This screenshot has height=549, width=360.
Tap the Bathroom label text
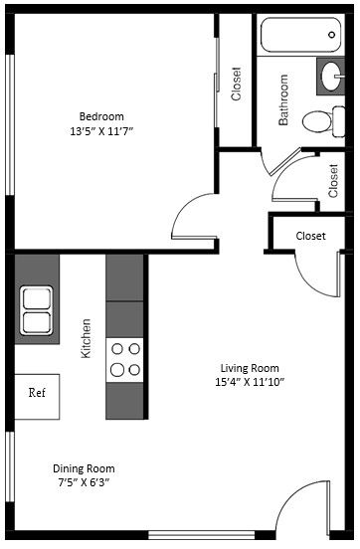pyautogui.click(x=283, y=99)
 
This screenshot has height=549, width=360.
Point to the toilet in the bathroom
pyautogui.click(x=318, y=121)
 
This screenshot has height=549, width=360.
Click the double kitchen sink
pyautogui.click(x=37, y=309)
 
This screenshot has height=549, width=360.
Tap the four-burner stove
pyautogui.click(x=125, y=359)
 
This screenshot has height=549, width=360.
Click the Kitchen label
pyautogui.click(x=87, y=338)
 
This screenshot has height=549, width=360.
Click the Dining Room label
pyautogui.click(x=84, y=468)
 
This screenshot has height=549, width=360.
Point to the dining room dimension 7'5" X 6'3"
pyautogui.click(x=84, y=483)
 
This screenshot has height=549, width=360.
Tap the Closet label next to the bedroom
pyautogui.click(x=237, y=84)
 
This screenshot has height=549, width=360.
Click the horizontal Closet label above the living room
pyautogui.click(x=311, y=236)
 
